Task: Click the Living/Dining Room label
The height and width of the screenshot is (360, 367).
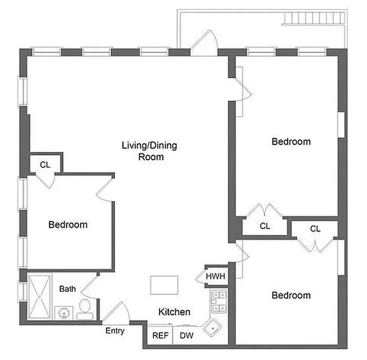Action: point(150,151)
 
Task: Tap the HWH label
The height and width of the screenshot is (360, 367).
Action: point(215,276)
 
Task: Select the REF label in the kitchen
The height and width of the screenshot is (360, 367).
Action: point(160,335)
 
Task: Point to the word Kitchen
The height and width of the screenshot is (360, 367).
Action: point(174,312)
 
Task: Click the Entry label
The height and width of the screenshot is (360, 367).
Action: point(115,331)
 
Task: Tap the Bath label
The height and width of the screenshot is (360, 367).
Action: point(68,289)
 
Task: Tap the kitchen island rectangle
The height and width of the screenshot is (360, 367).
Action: point(164,285)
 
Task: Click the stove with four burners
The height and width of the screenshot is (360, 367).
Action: point(218,301)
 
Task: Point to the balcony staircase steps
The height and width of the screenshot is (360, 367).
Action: point(314,19)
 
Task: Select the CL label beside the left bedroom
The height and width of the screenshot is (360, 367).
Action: point(45,165)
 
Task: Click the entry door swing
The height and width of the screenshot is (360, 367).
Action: point(118,312)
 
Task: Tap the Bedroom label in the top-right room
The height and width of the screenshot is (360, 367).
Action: point(291,142)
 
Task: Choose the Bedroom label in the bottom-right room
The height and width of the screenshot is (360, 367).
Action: point(291,295)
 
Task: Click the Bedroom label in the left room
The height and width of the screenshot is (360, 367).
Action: point(68,224)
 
